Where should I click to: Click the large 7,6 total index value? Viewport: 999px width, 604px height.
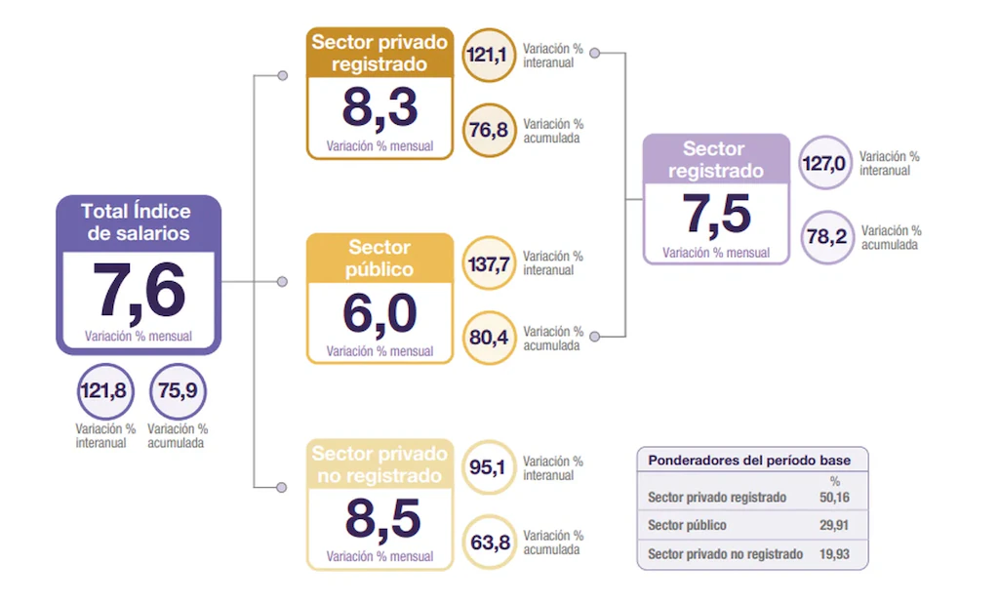(x=139, y=292)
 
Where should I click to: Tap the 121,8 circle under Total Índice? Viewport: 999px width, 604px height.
(x=104, y=391)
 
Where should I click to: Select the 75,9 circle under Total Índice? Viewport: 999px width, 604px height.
(x=178, y=391)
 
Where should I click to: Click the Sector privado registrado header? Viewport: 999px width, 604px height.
(x=380, y=54)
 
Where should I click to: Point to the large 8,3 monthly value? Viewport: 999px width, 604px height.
(x=380, y=108)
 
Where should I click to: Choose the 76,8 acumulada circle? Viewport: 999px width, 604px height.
(x=489, y=131)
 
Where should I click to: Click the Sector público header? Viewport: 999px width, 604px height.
(x=380, y=259)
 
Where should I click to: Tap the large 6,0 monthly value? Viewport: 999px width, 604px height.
(x=380, y=314)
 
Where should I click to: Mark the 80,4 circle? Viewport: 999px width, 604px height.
(x=489, y=338)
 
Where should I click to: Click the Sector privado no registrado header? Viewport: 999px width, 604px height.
(x=380, y=465)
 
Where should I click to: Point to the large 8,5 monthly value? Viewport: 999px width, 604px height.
(x=380, y=520)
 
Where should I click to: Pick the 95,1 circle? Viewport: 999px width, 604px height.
(x=488, y=467)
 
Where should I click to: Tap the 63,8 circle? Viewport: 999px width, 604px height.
(x=489, y=543)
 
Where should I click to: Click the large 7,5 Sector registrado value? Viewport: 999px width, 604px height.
(x=716, y=215)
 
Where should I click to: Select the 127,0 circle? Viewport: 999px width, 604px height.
(x=824, y=163)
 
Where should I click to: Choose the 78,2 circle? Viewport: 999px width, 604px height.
(x=825, y=238)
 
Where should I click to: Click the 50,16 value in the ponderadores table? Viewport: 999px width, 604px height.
(x=834, y=498)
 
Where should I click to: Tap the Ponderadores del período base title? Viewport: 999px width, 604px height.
(x=750, y=461)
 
